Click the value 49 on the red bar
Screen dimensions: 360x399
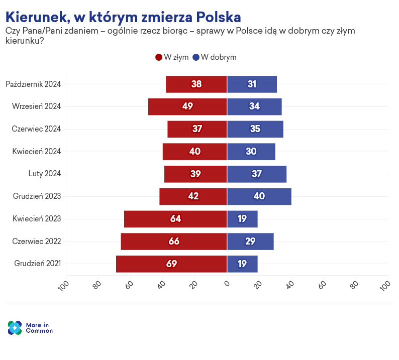pos(188,106)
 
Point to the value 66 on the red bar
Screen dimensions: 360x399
pos(174,242)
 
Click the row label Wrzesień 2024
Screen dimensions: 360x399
pos(36,106)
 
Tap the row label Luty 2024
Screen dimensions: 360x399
pos(44,174)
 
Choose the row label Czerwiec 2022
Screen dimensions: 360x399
pos(37,242)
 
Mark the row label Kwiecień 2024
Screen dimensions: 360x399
pos(37,152)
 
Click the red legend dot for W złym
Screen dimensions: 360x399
pos(159,57)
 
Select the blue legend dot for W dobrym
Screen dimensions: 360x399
pos(195,57)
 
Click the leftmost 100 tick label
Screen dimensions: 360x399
pos(64,286)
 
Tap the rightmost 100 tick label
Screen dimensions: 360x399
pos(385,286)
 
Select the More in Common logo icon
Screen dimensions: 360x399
pos(15,328)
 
